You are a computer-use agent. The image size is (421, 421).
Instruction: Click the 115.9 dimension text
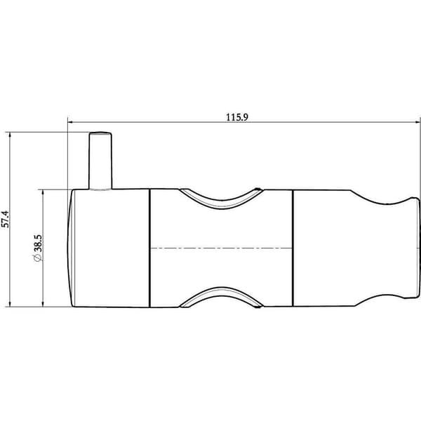coord(237,117)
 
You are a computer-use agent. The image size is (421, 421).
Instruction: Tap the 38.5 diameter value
coord(38,243)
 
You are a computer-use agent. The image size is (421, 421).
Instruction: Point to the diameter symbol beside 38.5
coord(38,258)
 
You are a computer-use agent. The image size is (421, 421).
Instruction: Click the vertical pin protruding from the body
coord(100,161)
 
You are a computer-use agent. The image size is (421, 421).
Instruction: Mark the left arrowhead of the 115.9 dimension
coord(70,122)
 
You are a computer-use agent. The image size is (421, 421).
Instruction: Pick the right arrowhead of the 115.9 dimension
coord(417,122)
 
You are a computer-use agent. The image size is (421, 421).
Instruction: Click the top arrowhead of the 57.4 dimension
coord(10,135)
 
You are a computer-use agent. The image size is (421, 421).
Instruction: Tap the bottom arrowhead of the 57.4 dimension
coord(10,304)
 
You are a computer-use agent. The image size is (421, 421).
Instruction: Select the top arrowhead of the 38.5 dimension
coord(43,192)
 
